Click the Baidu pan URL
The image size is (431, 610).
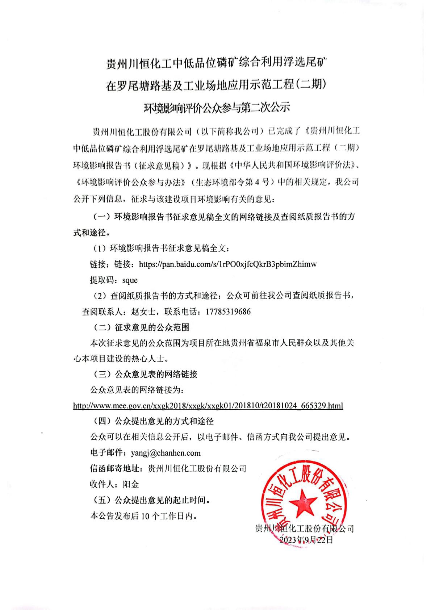click(x=227, y=264)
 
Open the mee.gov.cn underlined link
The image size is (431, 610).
click(x=208, y=406)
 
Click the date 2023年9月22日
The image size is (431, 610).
click(x=306, y=540)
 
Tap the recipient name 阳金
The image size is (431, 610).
click(x=131, y=484)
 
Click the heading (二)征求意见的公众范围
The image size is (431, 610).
click(x=141, y=327)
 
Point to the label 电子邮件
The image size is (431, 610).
click(x=106, y=453)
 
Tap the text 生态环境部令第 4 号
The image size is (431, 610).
click(x=232, y=181)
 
